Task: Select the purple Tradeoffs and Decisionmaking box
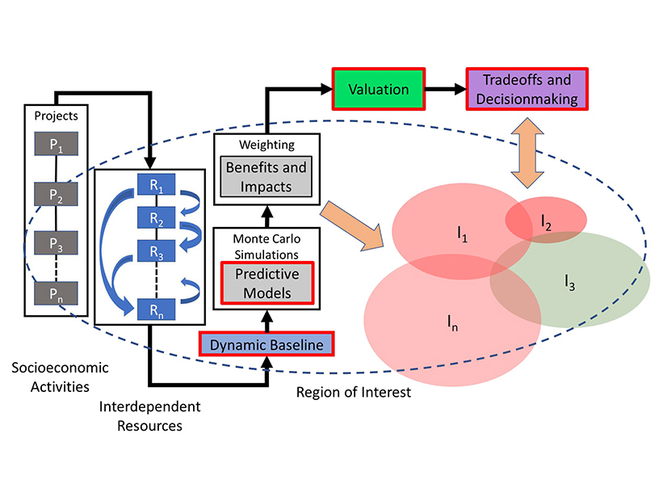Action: [x=526, y=90]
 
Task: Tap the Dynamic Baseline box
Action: [x=266, y=345]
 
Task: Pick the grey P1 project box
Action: [x=55, y=146]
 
